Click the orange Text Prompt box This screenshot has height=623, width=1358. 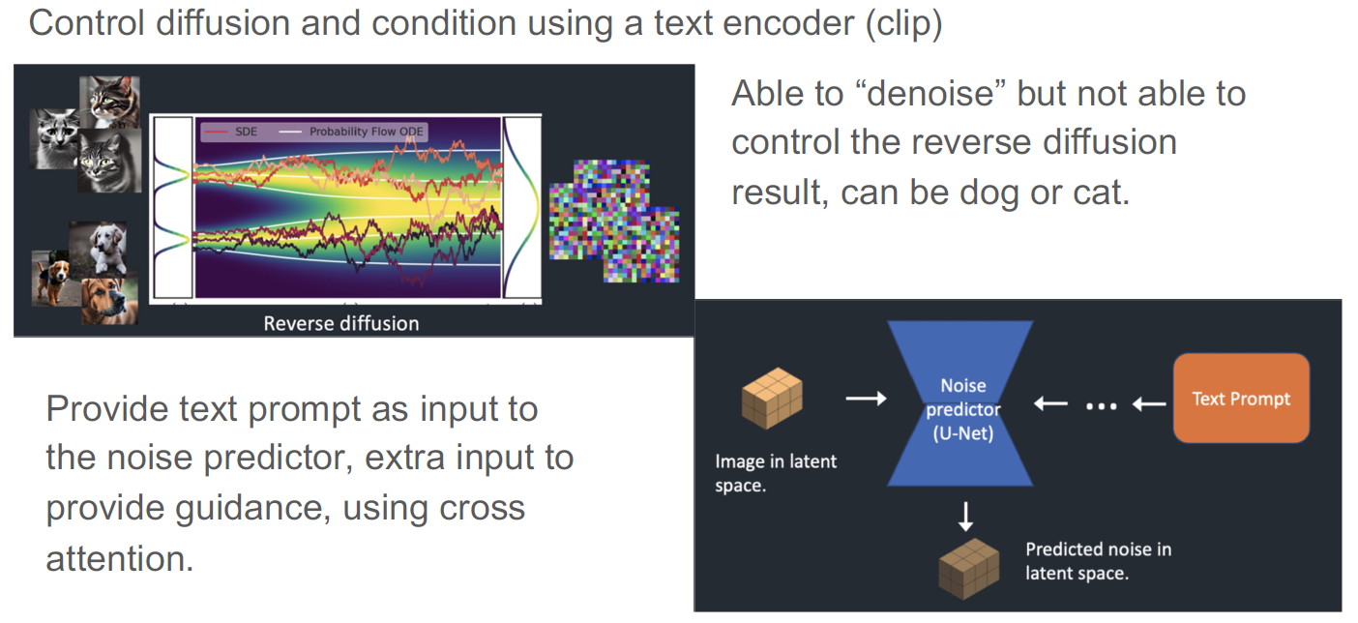pyautogui.click(x=1241, y=399)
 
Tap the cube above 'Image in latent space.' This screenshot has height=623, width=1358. pyautogui.click(x=773, y=400)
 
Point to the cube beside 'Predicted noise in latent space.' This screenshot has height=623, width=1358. pyautogui.click(x=968, y=567)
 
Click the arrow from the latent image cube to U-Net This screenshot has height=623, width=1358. pyautogui.click(x=865, y=399)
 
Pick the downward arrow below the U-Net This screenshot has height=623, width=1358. pyautogui.click(x=965, y=517)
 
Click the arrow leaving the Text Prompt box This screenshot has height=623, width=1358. pyautogui.click(x=1148, y=404)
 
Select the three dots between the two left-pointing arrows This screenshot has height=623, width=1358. pyautogui.click(x=1101, y=406)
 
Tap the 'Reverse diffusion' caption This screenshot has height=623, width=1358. pyautogui.click(x=341, y=323)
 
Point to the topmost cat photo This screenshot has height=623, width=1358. pyautogui.click(x=110, y=101)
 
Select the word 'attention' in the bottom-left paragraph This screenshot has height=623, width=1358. pyautogui.click(x=120, y=558)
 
